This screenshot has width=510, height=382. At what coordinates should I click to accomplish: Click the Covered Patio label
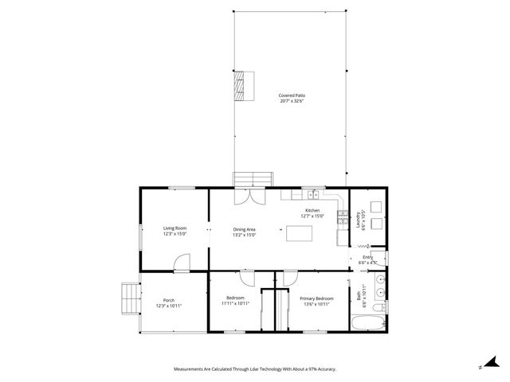tap(292, 95)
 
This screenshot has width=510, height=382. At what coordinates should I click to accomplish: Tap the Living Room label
tap(175, 228)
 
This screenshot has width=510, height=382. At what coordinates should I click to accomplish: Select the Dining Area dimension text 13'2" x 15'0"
tap(244, 235)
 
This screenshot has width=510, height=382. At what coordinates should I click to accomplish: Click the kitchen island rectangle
tap(299, 233)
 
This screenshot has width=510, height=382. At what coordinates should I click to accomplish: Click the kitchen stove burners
tap(343, 216)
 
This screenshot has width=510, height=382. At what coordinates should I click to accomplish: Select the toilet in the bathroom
tap(380, 306)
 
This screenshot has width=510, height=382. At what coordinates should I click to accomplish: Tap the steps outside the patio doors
tap(253, 179)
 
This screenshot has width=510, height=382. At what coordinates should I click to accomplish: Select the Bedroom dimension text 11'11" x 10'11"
tap(235, 303)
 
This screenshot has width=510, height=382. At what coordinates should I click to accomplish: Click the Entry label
tap(367, 257)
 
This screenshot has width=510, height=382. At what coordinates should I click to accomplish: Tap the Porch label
tap(169, 300)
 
